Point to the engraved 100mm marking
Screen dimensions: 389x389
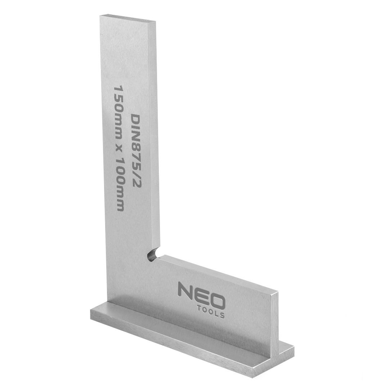point(119,191)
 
